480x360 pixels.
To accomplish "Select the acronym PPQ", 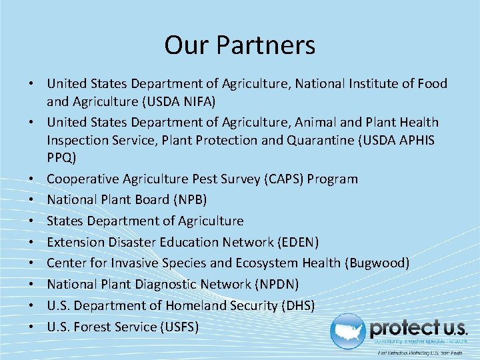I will tap(61, 159).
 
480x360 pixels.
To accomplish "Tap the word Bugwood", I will tap(377, 263).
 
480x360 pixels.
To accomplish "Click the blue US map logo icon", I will tap(349, 331).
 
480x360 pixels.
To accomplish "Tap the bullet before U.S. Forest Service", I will tap(31, 327).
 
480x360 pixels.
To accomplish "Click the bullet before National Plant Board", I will tap(31, 201).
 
